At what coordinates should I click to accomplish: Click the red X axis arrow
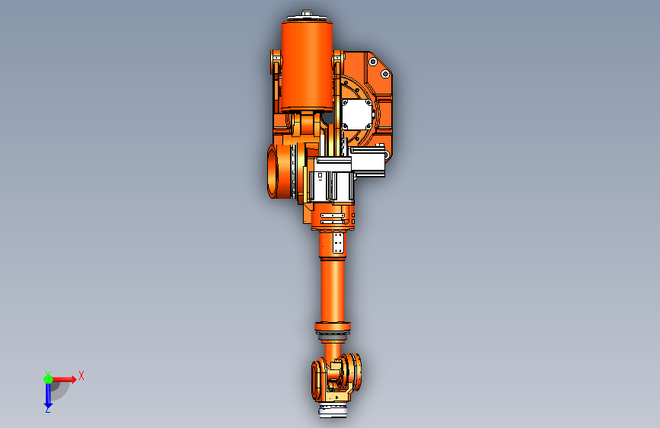[63, 379]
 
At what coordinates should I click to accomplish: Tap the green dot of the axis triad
[48, 379]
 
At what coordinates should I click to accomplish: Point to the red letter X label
[81, 375]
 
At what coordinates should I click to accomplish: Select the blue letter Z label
[48, 409]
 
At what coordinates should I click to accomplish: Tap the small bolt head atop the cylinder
[307, 13]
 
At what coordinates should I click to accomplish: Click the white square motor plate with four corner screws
[357, 113]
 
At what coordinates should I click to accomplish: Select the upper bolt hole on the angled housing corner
[373, 62]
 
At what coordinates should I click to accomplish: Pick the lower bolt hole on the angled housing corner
[385, 74]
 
